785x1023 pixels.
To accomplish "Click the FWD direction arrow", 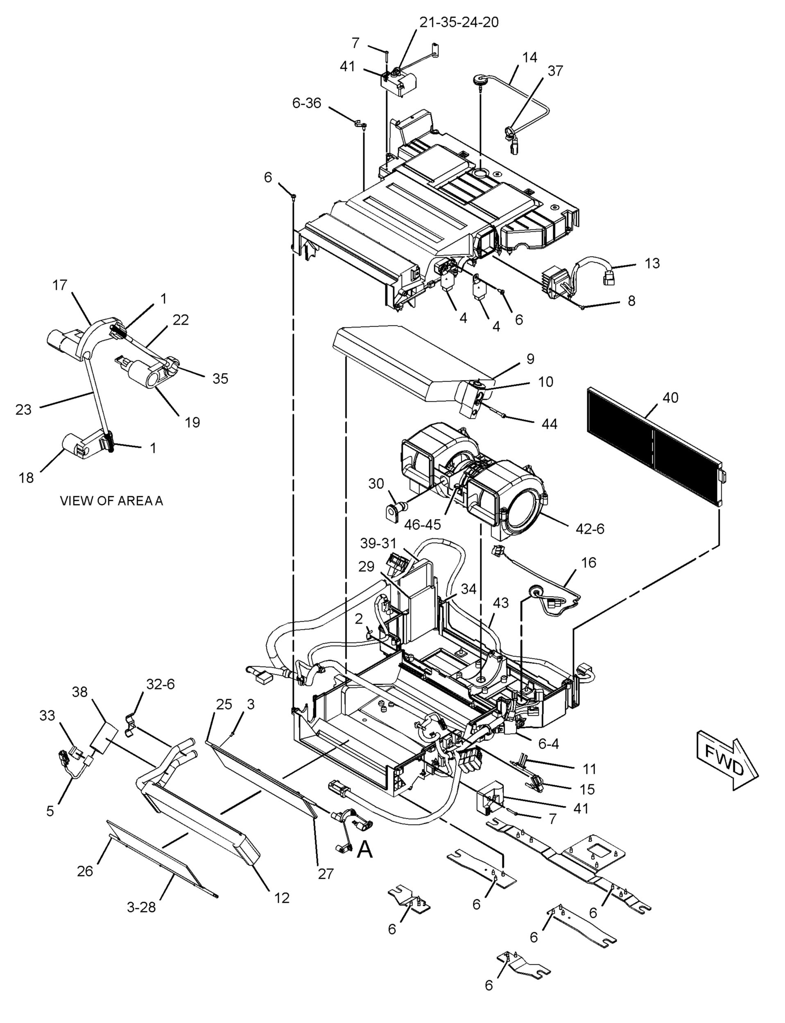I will (726, 764).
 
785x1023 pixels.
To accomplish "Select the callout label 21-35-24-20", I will (458, 22).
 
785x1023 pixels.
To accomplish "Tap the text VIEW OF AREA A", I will (112, 501).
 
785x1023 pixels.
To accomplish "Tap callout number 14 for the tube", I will (529, 58).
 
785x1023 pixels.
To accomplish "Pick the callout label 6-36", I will (307, 103).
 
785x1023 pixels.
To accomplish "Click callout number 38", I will (80, 692).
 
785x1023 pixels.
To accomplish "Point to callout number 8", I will (631, 301).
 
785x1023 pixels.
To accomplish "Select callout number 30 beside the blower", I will (376, 484).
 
